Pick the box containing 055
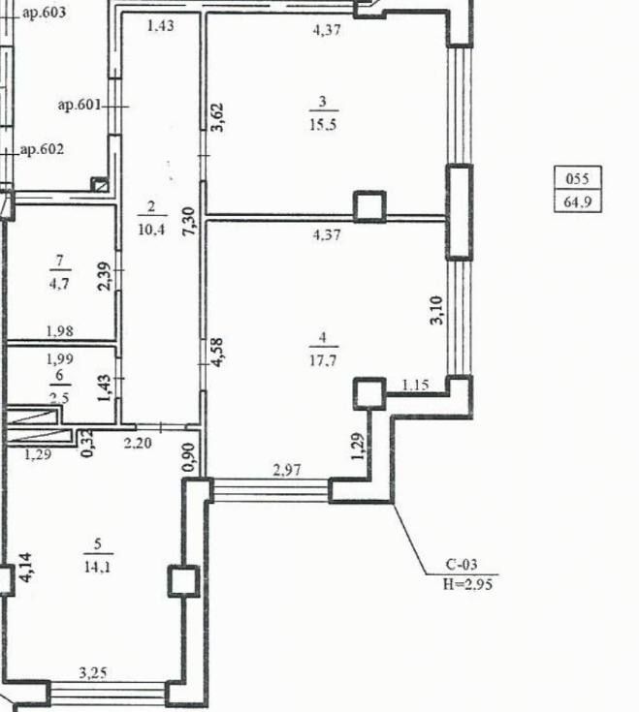(578, 179)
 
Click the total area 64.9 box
(578, 202)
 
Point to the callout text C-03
(462, 565)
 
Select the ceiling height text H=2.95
(468, 584)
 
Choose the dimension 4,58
(218, 351)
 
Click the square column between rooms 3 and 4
(368, 206)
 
